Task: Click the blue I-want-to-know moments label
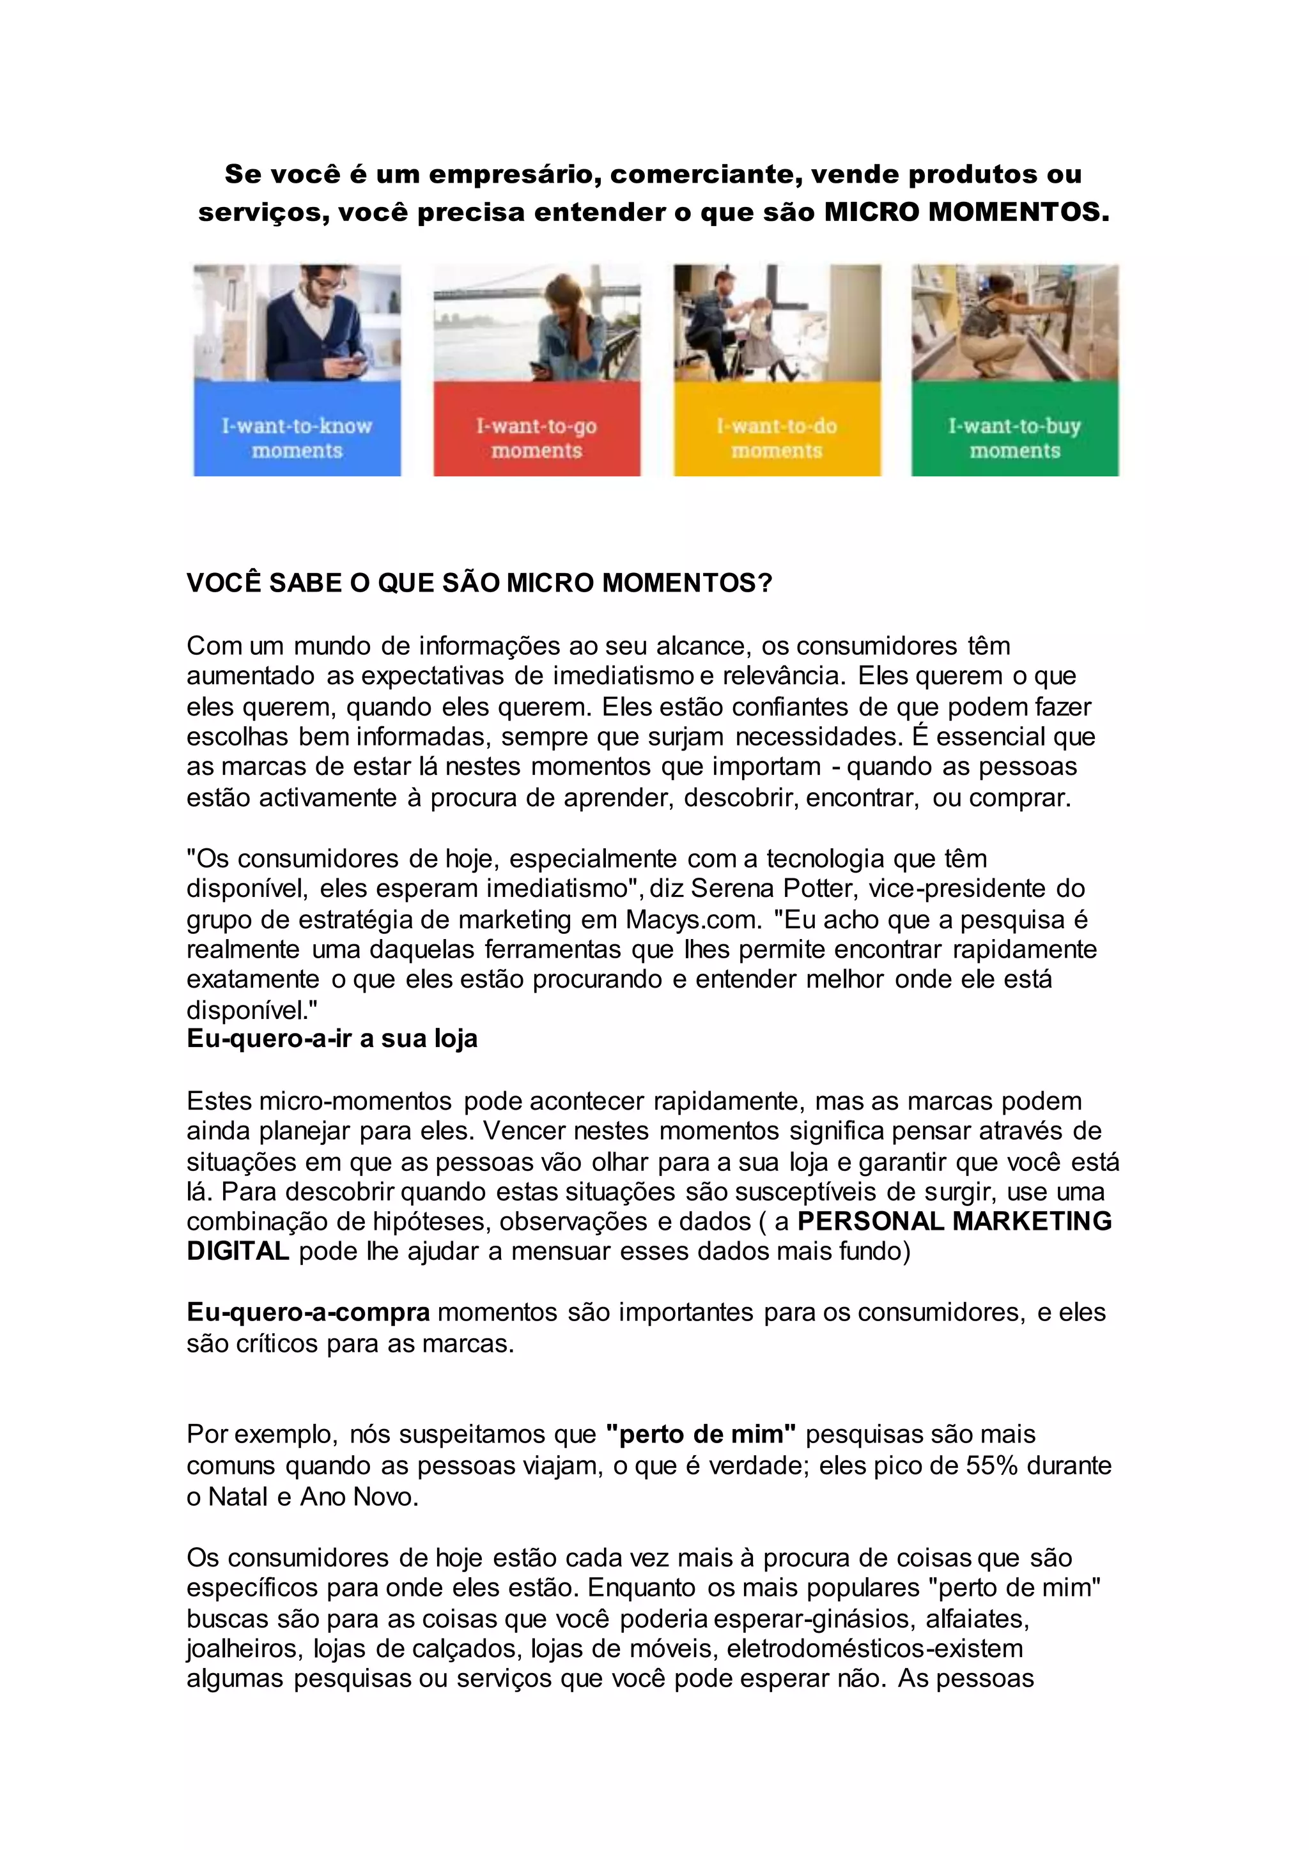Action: coord(297,438)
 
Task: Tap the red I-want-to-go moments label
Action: coord(536,438)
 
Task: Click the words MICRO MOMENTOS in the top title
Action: coord(966,212)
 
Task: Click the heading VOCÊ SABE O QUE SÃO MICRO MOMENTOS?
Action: coord(479,583)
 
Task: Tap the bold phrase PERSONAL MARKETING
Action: coord(954,1221)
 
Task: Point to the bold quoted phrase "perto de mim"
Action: coord(701,1434)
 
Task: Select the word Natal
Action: coord(238,1496)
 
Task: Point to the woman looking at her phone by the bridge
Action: coord(559,326)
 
